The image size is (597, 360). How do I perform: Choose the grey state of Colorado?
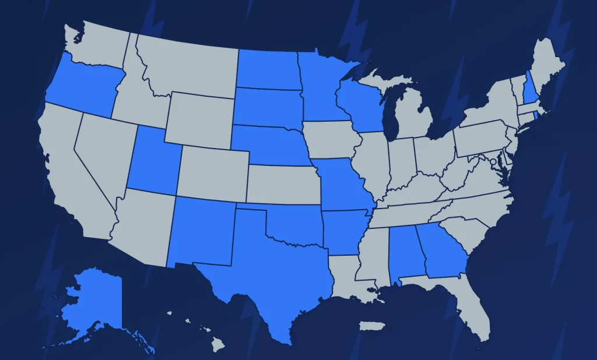click(x=213, y=172)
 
